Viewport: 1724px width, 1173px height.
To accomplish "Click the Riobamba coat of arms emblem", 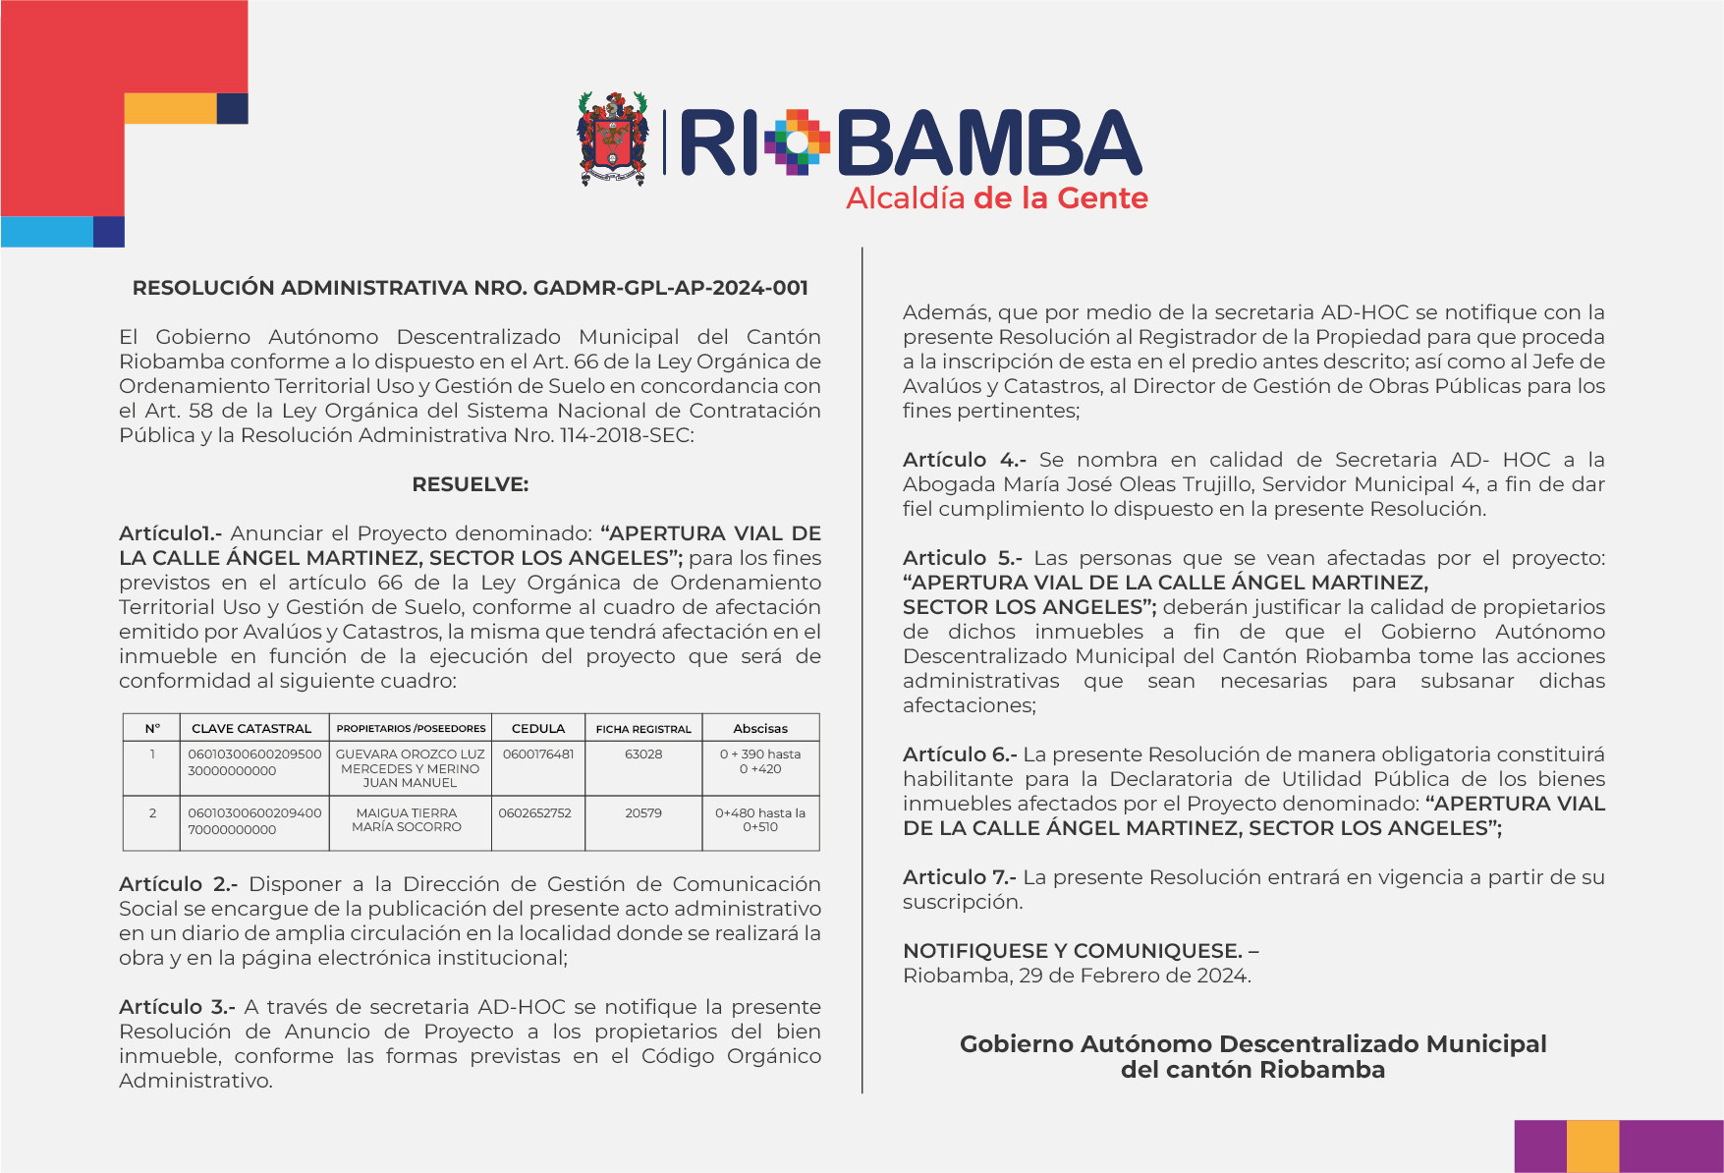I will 613,139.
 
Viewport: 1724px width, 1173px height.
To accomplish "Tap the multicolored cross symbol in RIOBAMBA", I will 798,142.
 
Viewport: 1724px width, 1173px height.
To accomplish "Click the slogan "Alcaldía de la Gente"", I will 996,198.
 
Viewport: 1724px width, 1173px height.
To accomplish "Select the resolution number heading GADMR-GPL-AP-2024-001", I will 470,288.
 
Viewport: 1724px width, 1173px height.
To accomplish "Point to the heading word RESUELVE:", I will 470,484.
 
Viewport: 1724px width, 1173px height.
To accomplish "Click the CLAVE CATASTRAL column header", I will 251,728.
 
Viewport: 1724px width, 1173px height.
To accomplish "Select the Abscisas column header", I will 760,728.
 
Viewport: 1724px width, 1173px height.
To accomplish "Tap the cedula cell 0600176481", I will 538,754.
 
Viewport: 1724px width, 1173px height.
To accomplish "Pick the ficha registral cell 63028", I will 643,754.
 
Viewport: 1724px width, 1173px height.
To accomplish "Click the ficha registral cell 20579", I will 643,813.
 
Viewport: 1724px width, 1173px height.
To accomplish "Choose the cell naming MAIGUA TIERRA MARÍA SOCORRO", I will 407,820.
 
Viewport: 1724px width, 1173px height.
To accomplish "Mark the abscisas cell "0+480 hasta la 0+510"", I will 760,820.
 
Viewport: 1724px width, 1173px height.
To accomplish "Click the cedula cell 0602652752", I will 535,813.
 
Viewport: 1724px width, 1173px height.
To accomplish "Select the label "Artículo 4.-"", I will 964,460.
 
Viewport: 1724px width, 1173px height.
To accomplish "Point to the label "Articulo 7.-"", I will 959,877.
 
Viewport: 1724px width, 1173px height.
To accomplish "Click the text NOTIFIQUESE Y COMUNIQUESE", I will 1073,951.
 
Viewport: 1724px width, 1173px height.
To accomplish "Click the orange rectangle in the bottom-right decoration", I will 1592,1145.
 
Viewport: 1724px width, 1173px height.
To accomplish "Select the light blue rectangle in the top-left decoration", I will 47,232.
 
